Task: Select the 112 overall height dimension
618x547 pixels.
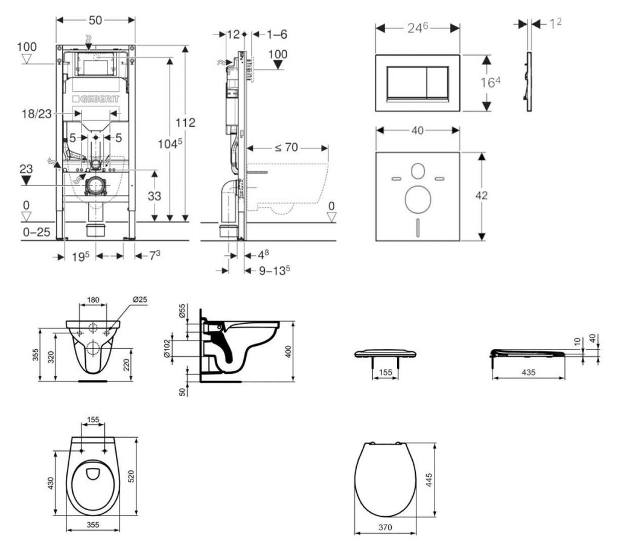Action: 185,123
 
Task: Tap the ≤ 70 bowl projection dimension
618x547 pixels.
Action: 287,148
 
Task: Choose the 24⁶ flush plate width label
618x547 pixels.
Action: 417,28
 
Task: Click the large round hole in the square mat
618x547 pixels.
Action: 417,199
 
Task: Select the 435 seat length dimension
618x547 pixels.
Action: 528,373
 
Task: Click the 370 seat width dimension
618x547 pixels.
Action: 384,527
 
